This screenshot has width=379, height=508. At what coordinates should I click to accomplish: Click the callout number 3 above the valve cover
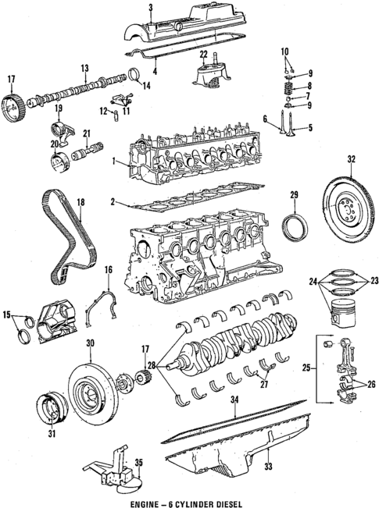[149, 6]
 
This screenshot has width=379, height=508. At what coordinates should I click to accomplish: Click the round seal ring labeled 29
[295, 231]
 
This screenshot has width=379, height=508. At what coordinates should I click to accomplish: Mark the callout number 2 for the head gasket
[114, 202]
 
